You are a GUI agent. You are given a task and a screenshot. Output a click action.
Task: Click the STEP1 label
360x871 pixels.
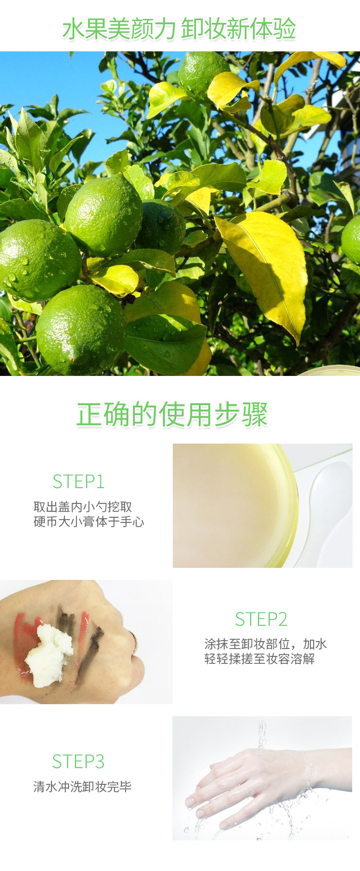(x=78, y=482)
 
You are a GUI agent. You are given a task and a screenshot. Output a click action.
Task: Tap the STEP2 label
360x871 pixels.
(x=261, y=619)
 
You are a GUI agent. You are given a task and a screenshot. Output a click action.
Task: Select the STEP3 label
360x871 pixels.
(x=78, y=761)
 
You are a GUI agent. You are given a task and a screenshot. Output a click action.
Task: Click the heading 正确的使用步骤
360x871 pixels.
(x=172, y=414)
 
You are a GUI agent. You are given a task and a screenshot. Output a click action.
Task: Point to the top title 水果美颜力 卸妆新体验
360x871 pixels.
(x=179, y=29)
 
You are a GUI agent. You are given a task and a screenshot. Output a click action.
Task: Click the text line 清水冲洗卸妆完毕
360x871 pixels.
(x=82, y=786)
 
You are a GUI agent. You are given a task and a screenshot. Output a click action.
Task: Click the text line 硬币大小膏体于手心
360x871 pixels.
(x=88, y=521)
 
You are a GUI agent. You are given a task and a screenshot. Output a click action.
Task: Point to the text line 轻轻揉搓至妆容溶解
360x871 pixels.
(x=259, y=659)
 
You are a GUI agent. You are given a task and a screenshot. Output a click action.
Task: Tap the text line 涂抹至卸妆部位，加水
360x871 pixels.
(x=265, y=644)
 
